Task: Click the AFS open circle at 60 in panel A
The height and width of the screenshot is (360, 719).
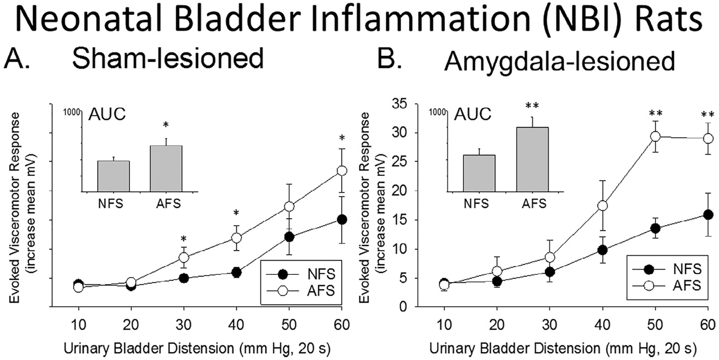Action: click(x=342, y=171)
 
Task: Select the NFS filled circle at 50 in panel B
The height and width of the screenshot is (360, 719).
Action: click(x=655, y=229)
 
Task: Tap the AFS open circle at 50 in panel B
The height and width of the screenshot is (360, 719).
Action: click(x=655, y=136)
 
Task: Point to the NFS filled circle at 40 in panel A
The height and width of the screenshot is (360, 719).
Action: click(x=236, y=272)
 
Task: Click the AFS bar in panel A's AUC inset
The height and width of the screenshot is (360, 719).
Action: click(x=166, y=169)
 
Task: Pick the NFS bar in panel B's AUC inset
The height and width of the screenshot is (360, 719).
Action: click(x=479, y=173)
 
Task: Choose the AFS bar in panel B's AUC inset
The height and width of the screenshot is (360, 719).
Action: click(x=532, y=159)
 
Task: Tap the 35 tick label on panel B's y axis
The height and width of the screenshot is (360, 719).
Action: click(x=400, y=104)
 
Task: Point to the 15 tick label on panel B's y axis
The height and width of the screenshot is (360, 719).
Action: click(x=400, y=220)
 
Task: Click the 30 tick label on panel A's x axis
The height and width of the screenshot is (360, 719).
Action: click(x=184, y=325)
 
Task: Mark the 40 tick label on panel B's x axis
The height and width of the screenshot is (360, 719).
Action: click(x=602, y=325)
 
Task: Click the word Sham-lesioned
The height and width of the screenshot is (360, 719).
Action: click(x=168, y=59)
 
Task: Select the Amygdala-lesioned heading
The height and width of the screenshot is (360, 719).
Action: click(x=560, y=61)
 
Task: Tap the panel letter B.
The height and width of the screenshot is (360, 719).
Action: click(x=389, y=59)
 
